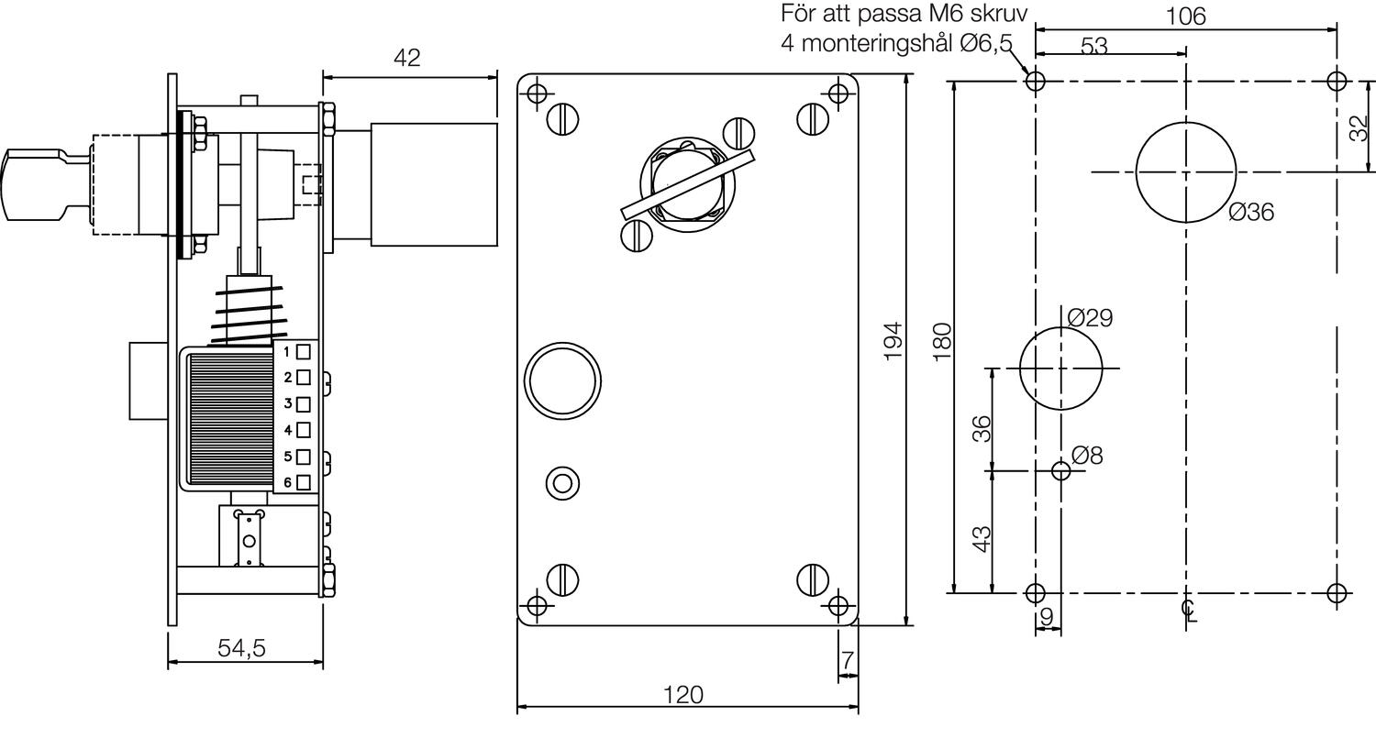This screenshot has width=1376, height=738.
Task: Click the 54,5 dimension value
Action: pyautogui.click(x=241, y=647)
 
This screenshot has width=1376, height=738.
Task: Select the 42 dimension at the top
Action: pyautogui.click(x=406, y=58)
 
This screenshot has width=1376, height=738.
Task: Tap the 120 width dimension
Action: pyautogui.click(x=682, y=694)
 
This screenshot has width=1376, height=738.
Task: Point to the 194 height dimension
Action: pyautogui.click(x=893, y=340)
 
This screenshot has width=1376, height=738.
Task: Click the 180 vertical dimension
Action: pyautogui.click(x=941, y=340)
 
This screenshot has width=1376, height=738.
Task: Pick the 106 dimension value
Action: pyautogui.click(x=1185, y=16)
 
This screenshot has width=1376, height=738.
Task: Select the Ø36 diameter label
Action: pyautogui.click(x=1251, y=212)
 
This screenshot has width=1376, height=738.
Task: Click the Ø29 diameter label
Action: pyautogui.click(x=1090, y=317)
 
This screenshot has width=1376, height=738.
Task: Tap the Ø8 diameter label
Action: pyautogui.click(x=1087, y=454)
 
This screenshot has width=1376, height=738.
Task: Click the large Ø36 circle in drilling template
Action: pyautogui.click(x=1185, y=171)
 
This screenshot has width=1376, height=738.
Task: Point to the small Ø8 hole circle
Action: pyautogui.click(x=1061, y=471)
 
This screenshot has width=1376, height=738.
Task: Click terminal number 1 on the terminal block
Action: pyautogui.click(x=287, y=351)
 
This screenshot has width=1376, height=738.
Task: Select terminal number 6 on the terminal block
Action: pyautogui.click(x=287, y=481)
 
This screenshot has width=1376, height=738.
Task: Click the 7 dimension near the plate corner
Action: pyautogui.click(x=848, y=659)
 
